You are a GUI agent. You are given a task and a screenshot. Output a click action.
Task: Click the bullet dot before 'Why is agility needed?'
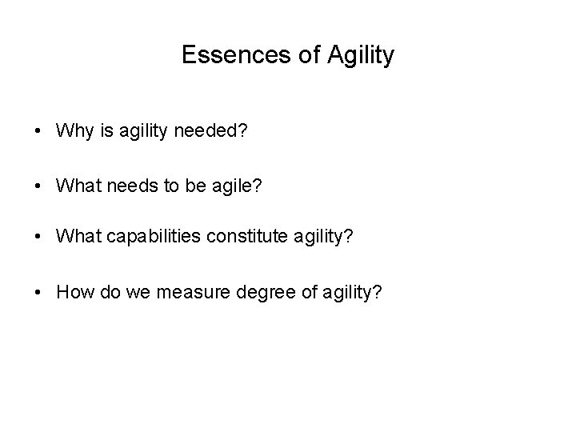click(37, 131)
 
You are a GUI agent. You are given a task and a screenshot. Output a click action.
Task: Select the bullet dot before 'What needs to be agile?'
click(37, 186)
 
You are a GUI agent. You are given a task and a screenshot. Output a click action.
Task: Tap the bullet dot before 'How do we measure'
click(37, 295)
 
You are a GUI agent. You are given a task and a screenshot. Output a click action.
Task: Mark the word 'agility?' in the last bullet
click(352, 295)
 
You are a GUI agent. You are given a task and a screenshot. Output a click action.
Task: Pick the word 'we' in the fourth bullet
click(142, 295)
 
